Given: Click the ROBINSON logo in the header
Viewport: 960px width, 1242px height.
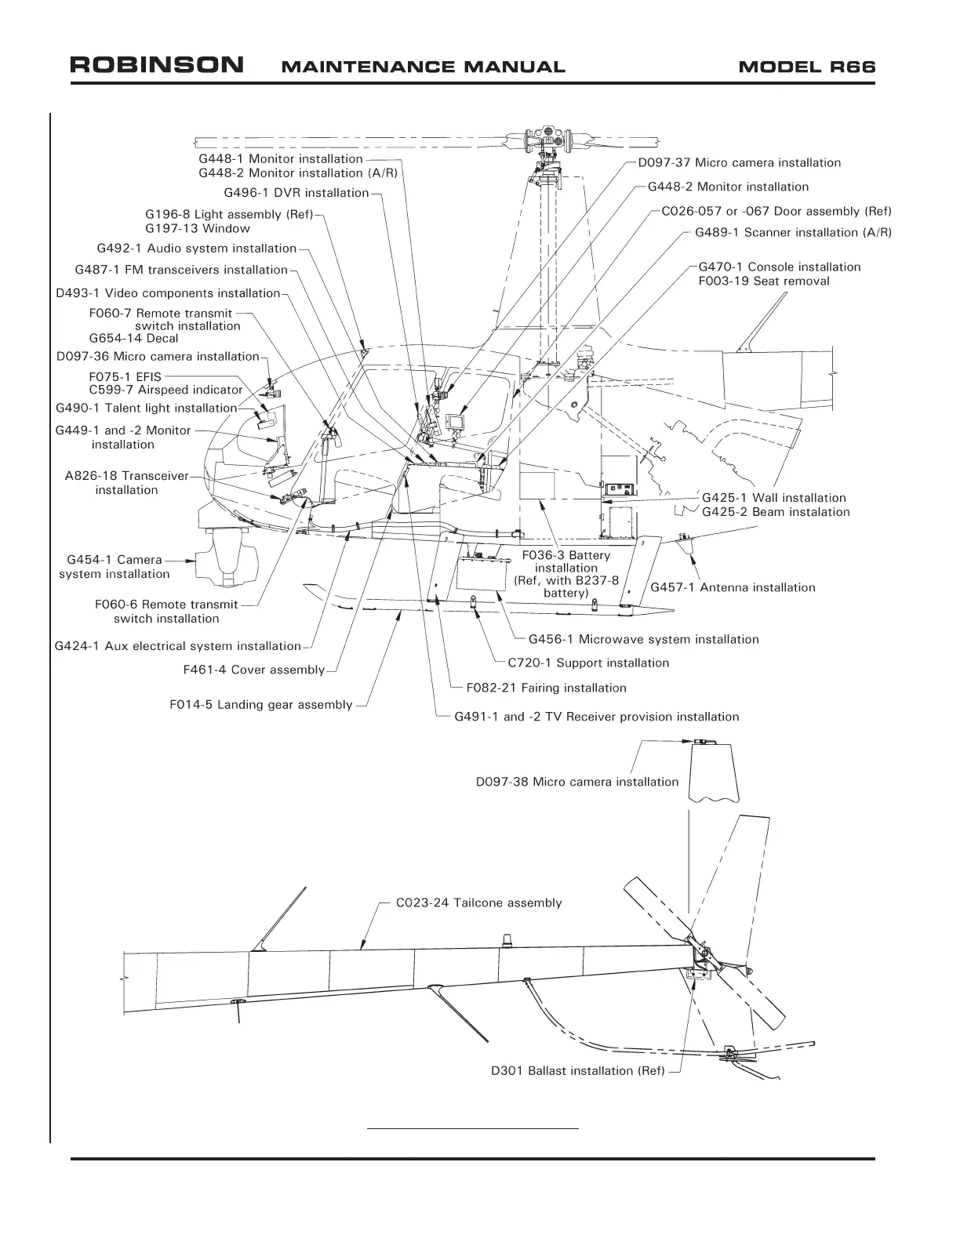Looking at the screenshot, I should tap(156, 65).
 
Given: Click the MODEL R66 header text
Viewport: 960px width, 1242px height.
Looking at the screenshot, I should tap(806, 67).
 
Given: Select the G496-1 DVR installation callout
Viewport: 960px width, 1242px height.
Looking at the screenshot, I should tap(296, 193).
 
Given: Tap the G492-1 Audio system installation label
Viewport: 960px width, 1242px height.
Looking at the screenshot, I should tap(196, 249).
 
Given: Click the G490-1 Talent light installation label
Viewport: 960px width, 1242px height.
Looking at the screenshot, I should tap(146, 408).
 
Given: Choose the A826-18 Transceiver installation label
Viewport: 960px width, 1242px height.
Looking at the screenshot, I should tap(126, 483).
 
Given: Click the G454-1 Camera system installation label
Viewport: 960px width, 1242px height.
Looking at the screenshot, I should tap(115, 567).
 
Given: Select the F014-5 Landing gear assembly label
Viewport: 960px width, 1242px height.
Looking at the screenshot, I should tap(261, 705).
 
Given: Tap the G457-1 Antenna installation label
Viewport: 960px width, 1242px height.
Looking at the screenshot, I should tap(733, 587).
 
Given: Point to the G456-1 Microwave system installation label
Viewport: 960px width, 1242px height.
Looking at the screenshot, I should tap(643, 639).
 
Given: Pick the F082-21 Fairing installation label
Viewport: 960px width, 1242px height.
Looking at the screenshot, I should tap(546, 688).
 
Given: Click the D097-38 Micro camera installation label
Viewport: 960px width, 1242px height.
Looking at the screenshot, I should tap(577, 782).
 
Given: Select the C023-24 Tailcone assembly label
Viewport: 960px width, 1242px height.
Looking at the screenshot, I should tap(478, 902).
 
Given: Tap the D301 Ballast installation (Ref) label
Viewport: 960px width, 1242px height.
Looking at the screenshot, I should tap(578, 1071).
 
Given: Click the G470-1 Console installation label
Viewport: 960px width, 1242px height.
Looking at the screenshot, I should tap(779, 267).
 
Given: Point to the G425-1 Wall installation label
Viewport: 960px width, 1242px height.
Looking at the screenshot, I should tap(773, 498).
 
